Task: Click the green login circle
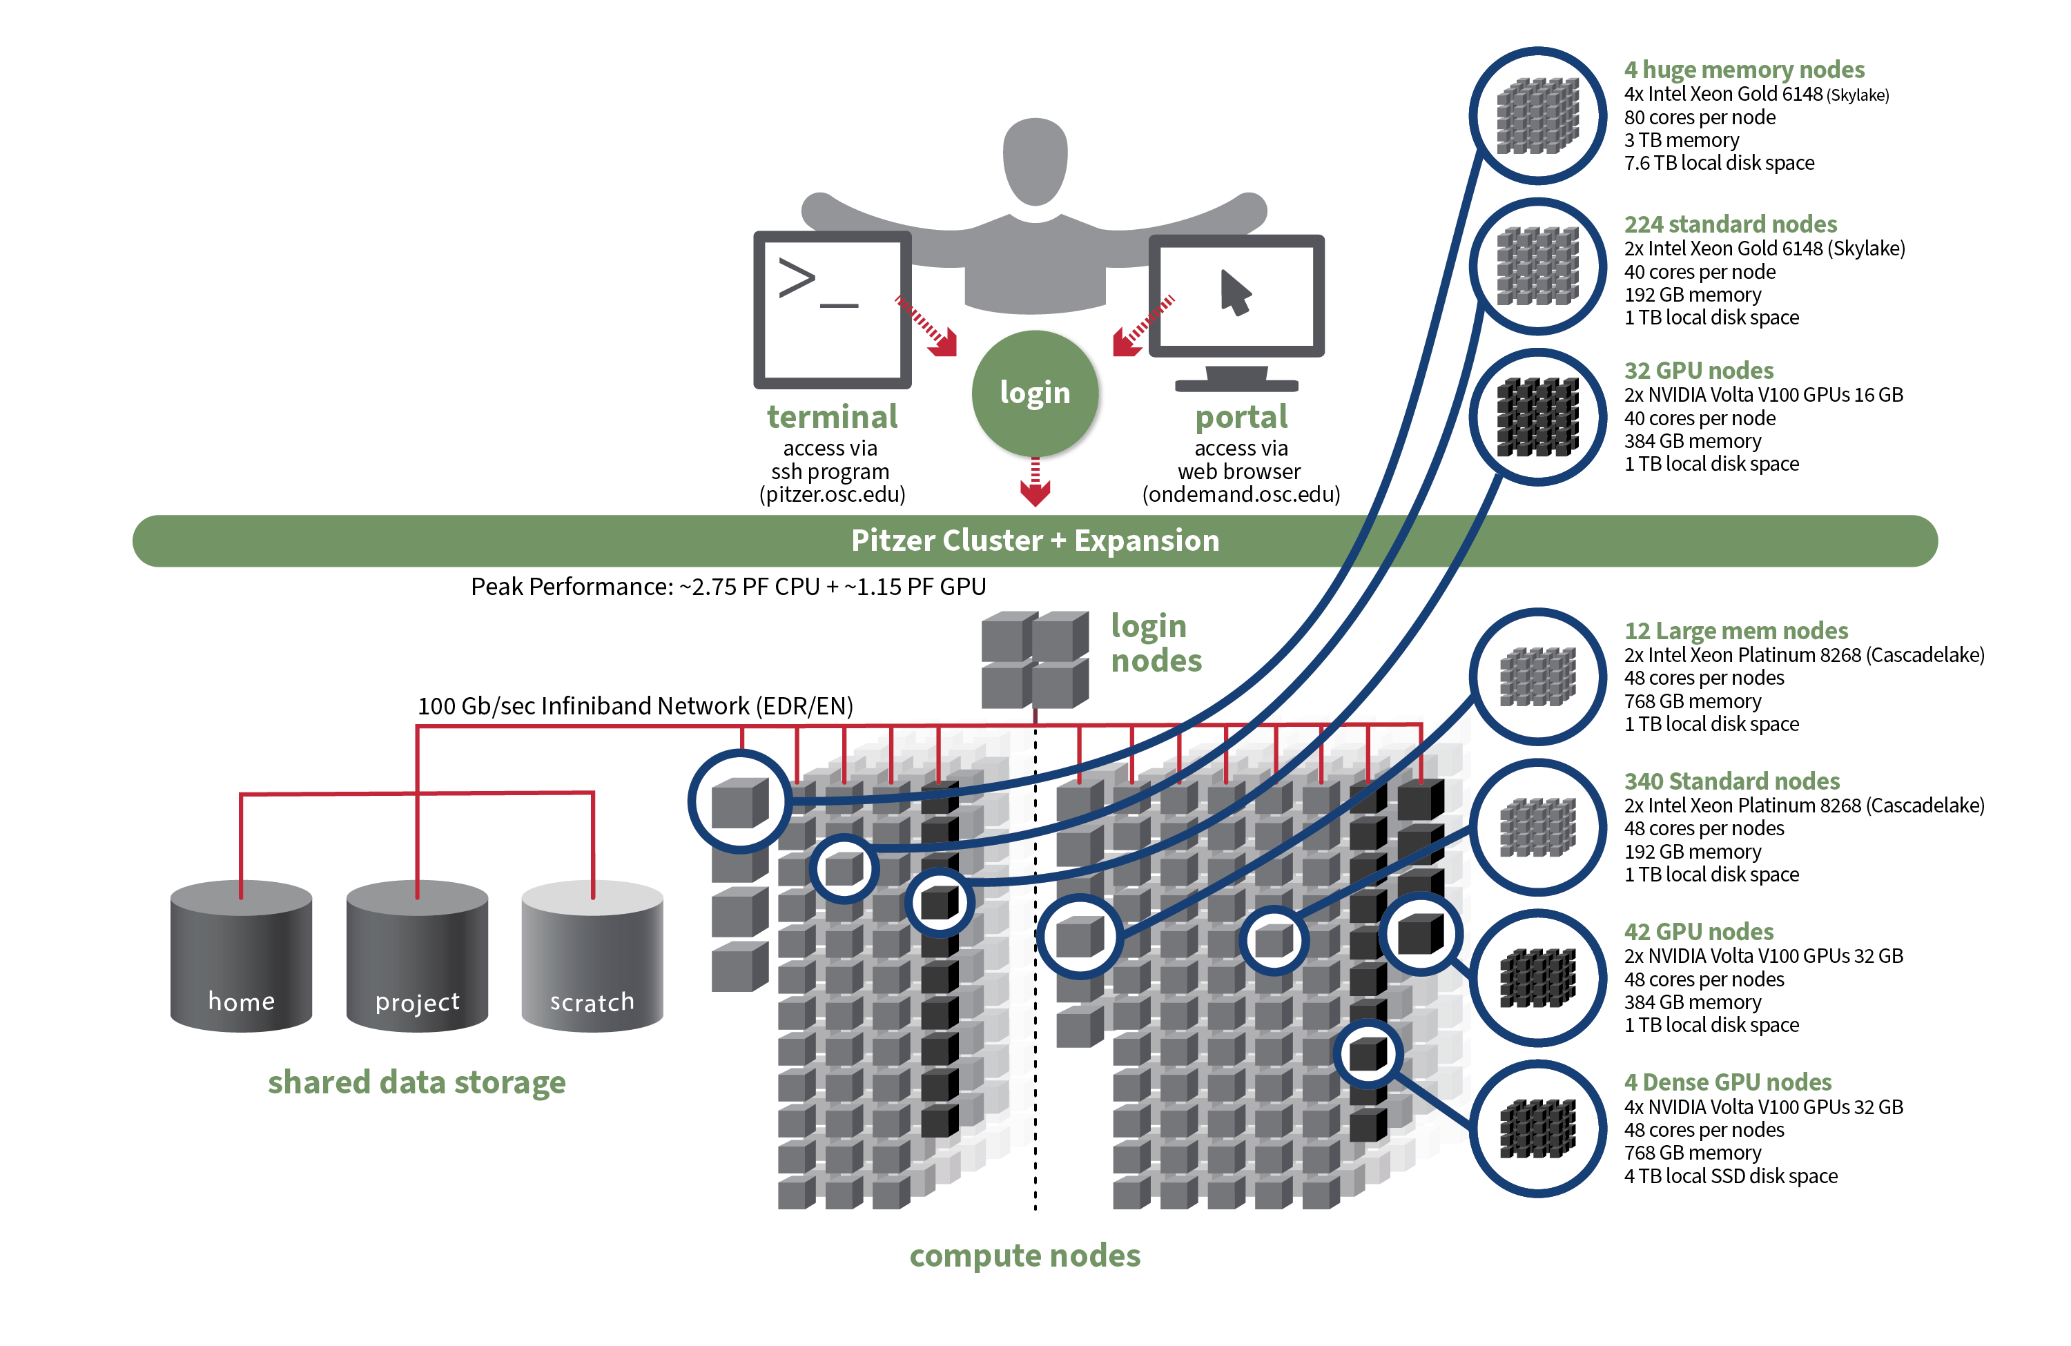pyautogui.click(x=1035, y=393)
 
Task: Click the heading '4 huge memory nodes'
pyautogui.click(x=1743, y=70)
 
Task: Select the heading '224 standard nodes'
pyautogui.click(x=1730, y=224)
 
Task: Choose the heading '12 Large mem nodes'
pyautogui.click(x=1735, y=631)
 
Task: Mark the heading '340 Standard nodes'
pyautogui.click(x=1731, y=781)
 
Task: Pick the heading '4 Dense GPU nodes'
pyautogui.click(x=1727, y=1082)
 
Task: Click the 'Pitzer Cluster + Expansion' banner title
pyautogui.click(x=1035, y=540)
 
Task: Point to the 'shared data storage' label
pyautogui.click(x=417, y=1082)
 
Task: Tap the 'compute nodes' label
pyautogui.click(x=1024, y=1256)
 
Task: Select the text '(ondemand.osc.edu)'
pyautogui.click(x=1241, y=495)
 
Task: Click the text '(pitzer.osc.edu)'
pyautogui.click(x=832, y=495)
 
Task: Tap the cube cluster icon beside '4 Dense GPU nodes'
pyautogui.click(x=1537, y=1129)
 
